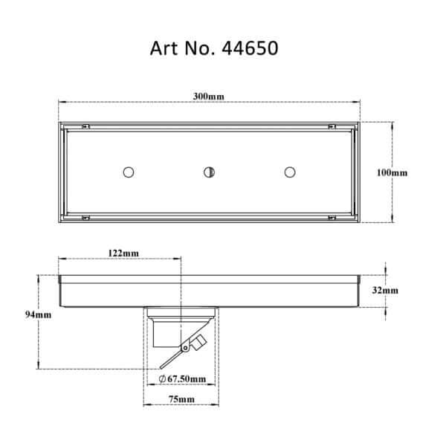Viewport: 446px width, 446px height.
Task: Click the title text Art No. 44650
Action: pyautogui.click(x=214, y=48)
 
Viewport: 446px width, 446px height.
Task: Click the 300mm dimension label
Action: pyautogui.click(x=209, y=96)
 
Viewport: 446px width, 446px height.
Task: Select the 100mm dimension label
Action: pyautogui.click(x=392, y=172)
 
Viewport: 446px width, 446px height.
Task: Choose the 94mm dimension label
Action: pyautogui.click(x=39, y=314)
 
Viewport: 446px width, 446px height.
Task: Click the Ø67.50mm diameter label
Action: pyautogui.click(x=182, y=379)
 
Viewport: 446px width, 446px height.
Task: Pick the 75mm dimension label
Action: pyautogui.click(x=181, y=399)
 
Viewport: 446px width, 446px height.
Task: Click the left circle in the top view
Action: pyautogui.click(x=129, y=172)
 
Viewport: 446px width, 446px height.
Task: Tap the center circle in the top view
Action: pyautogui.click(x=210, y=172)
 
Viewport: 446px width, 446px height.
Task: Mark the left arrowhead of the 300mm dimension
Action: pyautogui.click(x=62, y=102)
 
